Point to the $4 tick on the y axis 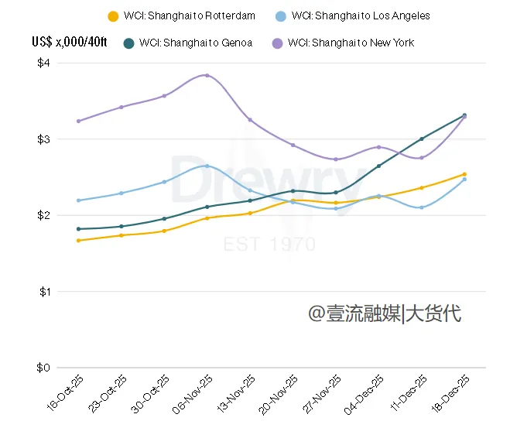pos(43,63)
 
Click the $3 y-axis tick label pos(43,139)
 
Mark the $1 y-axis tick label pos(43,292)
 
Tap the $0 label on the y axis pos(43,368)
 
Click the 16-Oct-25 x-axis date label pos(66,392)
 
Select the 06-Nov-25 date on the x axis pos(194,392)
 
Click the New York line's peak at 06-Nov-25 pos(207,75)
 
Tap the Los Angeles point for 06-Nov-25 pos(207,166)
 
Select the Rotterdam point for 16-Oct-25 pos(78,241)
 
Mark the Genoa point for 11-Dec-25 pos(421,139)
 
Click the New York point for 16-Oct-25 pos(78,121)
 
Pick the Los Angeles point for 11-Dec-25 pos(421,207)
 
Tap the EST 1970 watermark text pos(269,245)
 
